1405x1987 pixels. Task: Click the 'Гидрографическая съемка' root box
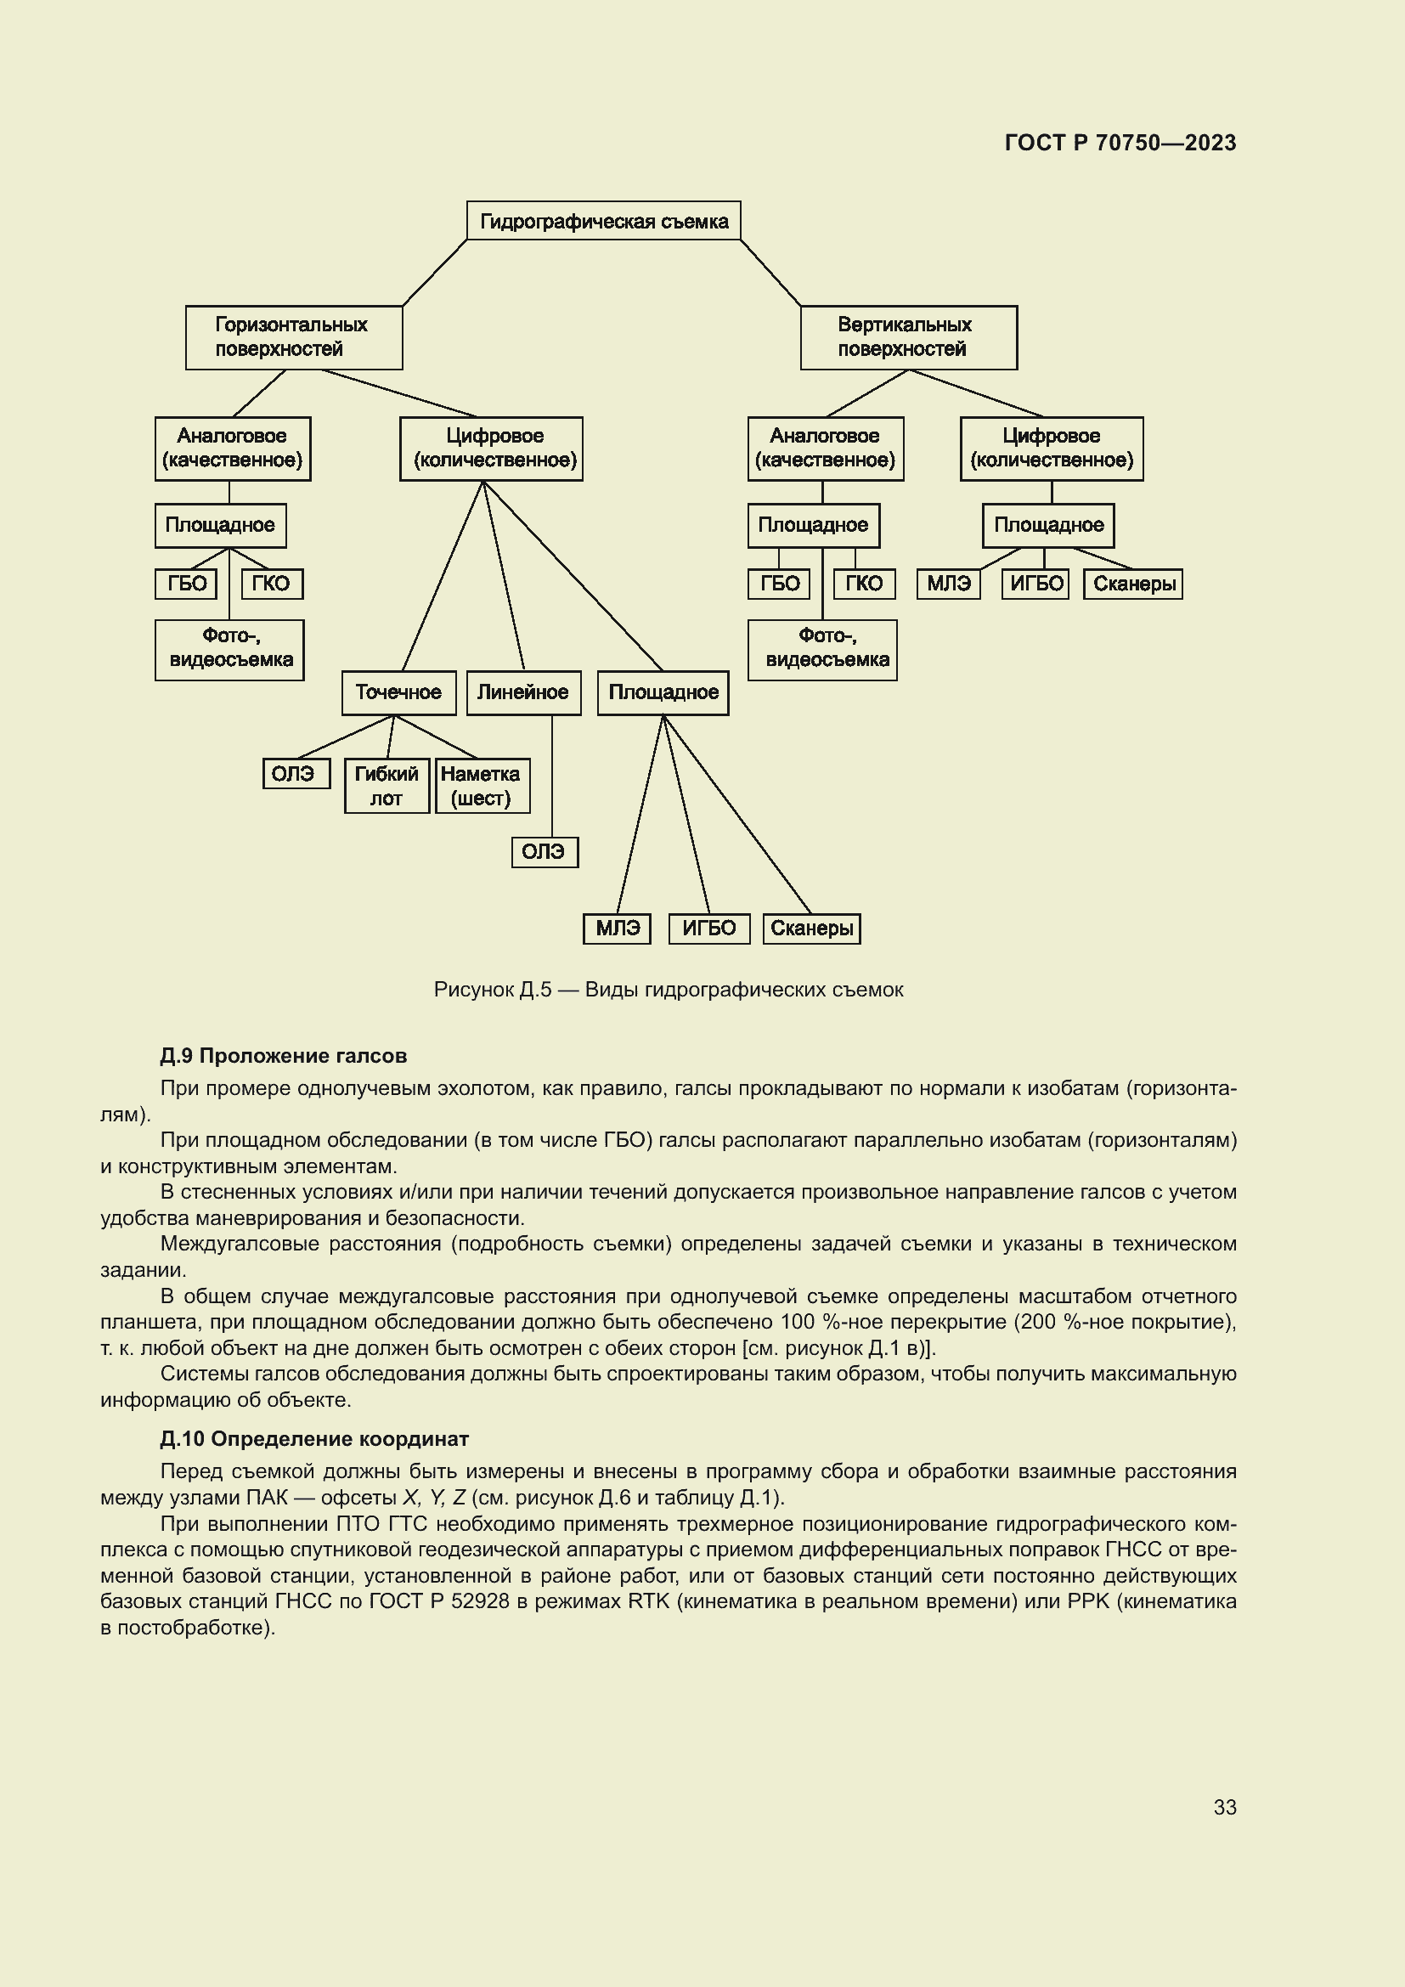pos(603,221)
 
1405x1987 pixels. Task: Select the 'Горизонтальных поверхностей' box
pos(293,336)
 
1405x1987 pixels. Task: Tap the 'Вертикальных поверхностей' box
pos(907,336)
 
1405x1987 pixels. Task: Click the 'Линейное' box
pos(523,692)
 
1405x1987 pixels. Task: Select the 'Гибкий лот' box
pos(386,785)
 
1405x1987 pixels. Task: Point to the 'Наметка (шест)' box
pos(482,785)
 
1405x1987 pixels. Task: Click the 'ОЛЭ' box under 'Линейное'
pos(545,851)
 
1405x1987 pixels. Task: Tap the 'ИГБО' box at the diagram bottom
pos(708,929)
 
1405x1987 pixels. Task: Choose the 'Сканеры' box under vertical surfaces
pos(1132,584)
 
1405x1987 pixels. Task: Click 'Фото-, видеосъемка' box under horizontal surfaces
pos(229,649)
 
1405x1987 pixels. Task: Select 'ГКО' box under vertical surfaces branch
pos(863,584)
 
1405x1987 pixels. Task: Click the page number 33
pos(1224,1807)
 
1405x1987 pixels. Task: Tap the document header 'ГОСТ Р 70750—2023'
pos(1120,143)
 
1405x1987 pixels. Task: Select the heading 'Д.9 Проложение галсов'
pos(283,1056)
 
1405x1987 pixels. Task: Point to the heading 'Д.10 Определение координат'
pos(314,1439)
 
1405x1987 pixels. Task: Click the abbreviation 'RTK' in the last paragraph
pos(648,1601)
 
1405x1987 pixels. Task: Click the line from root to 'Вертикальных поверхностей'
pos(770,273)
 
